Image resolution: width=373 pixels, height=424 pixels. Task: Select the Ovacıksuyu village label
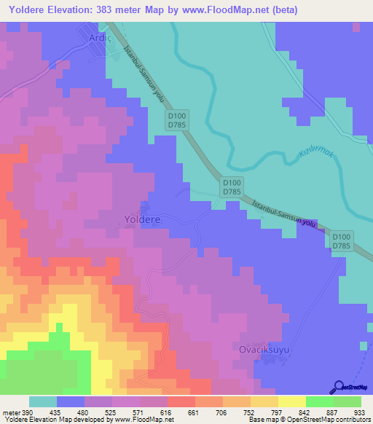click(x=264, y=350)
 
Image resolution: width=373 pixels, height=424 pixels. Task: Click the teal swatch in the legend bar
click(x=43, y=402)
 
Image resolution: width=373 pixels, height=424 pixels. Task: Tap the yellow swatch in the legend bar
click(x=292, y=402)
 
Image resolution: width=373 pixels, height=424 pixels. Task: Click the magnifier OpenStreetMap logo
click(x=339, y=387)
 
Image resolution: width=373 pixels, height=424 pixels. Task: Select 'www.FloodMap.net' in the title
click(x=219, y=11)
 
